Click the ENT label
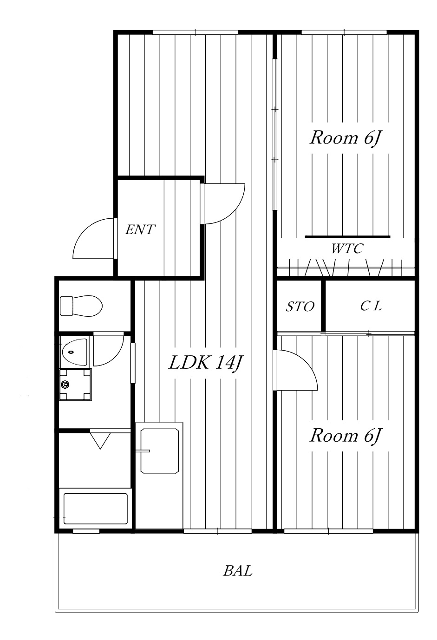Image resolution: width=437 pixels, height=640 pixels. coord(140,230)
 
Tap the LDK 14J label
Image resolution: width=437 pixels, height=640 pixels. coord(205,363)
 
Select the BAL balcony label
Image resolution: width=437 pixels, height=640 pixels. coord(238,571)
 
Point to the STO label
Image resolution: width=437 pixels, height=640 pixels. coord(300,307)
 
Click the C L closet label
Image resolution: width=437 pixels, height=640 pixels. coord(371,306)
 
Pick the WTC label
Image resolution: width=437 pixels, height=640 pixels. coord(347,248)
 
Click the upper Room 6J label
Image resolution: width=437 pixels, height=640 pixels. coord(346,138)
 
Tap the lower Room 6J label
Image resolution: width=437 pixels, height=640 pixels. coord(346,436)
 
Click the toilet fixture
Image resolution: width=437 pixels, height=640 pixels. coord(81,306)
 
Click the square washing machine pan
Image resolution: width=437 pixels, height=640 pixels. coord(75,385)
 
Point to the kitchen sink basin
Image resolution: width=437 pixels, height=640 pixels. coord(160,451)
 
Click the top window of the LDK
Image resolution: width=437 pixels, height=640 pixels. coord(195,32)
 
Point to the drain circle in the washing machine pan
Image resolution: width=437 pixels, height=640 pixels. coord(65,385)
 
